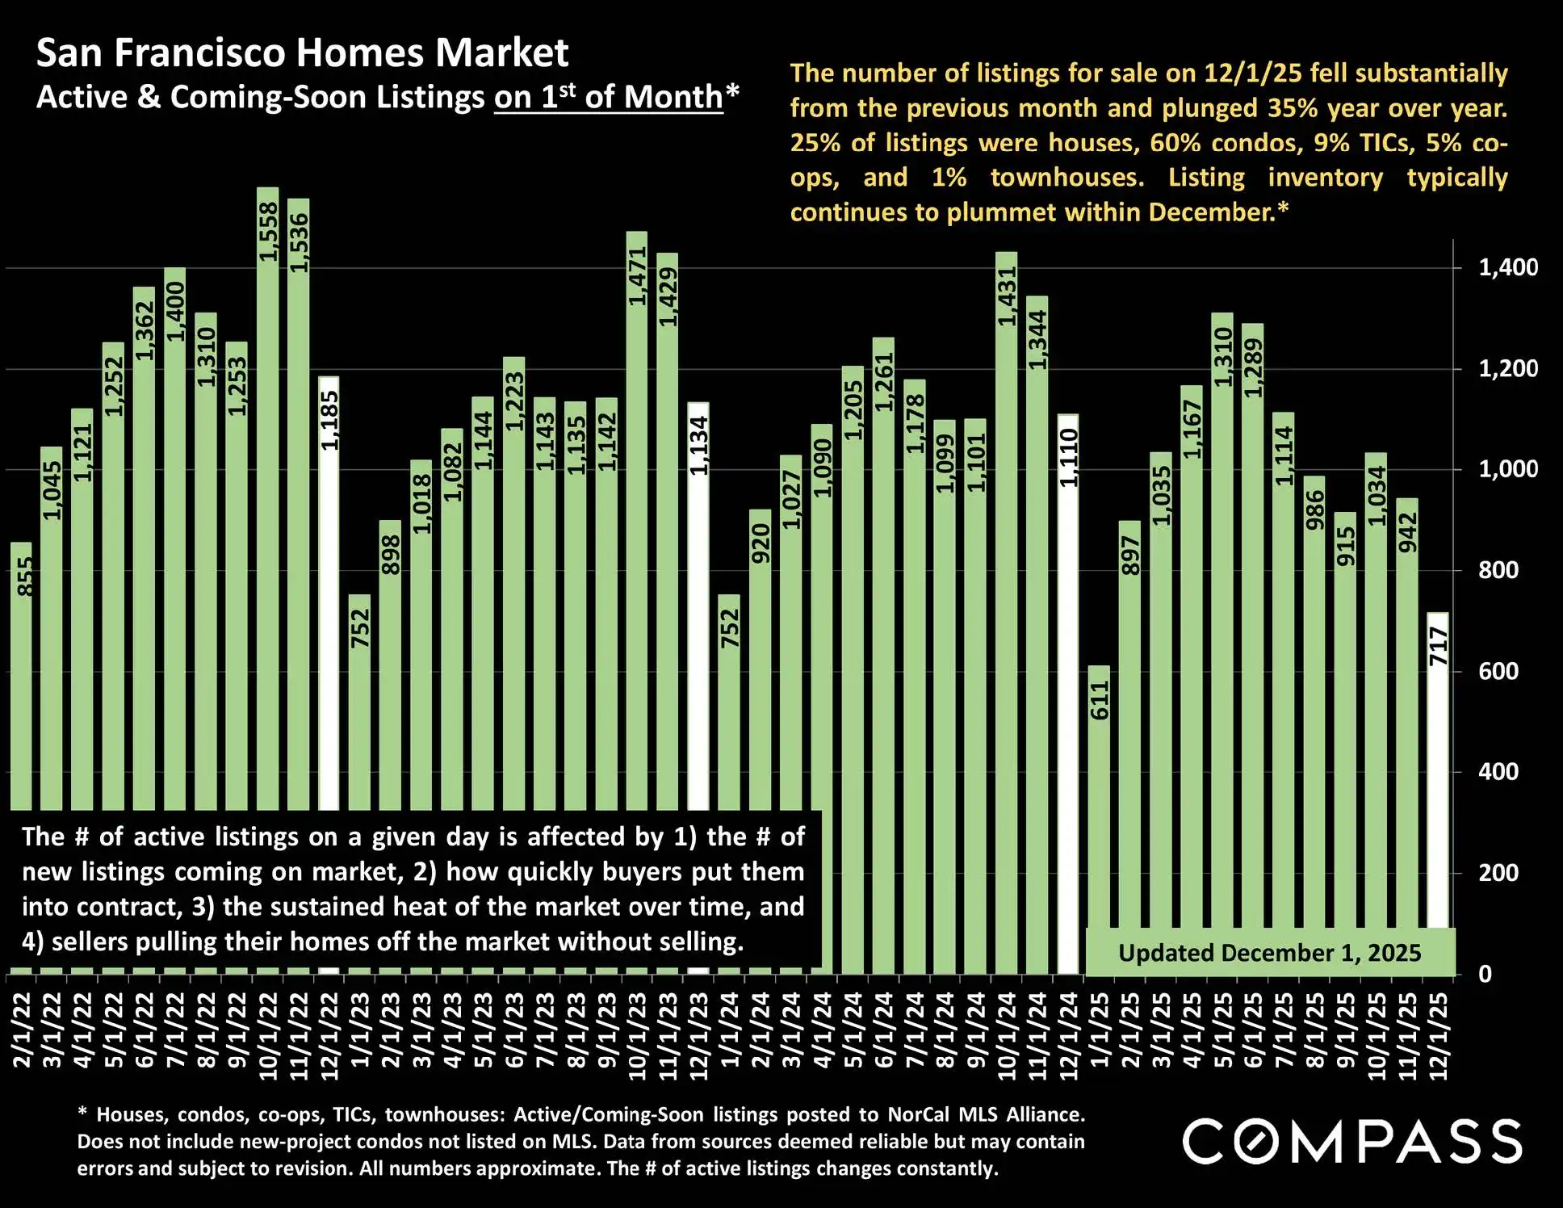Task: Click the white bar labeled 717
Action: [1438, 775]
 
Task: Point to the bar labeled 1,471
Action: [637, 525]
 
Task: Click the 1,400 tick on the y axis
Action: [1507, 267]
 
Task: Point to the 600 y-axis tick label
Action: [1498, 671]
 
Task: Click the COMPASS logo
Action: [1352, 1141]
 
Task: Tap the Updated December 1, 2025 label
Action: [1269, 953]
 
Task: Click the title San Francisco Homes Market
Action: [303, 53]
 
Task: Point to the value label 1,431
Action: [1007, 296]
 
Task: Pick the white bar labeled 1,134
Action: [699, 606]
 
